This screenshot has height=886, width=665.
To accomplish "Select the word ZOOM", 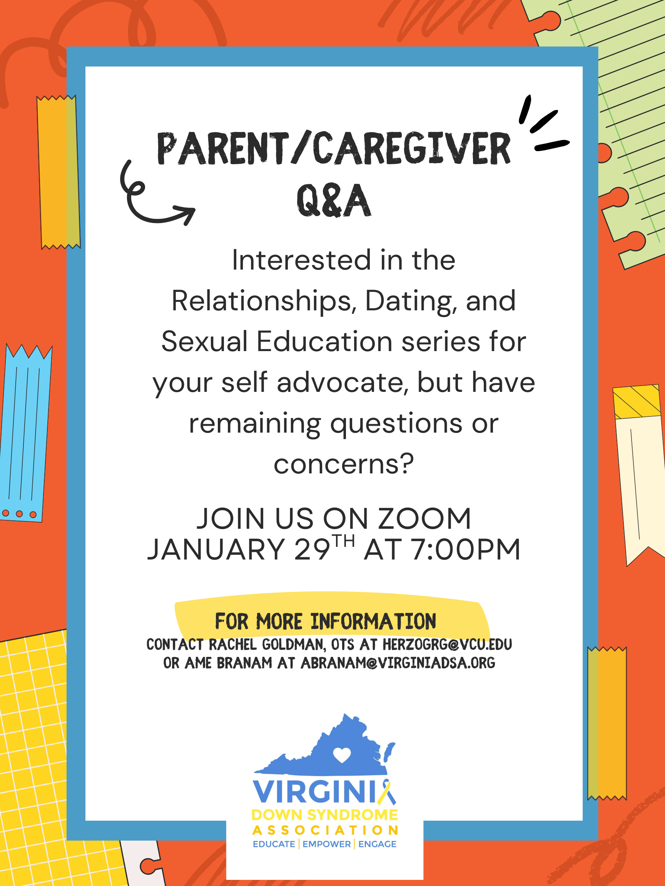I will tap(424, 518).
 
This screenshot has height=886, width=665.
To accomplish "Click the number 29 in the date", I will tap(312, 549).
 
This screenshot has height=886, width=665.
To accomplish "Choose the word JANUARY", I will tap(216, 549).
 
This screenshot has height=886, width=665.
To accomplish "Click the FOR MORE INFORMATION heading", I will tap(326, 621).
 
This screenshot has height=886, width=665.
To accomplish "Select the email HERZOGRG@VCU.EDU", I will tap(447, 645).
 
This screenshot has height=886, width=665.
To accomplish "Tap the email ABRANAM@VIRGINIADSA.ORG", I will tap(398, 663).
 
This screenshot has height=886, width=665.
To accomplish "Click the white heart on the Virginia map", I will tap(342, 755).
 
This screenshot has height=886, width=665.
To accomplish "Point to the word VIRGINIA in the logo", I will tap(324, 792).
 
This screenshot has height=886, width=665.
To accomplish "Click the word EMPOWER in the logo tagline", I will tap(326, 844).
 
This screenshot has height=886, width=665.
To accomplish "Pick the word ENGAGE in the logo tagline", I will tap(377, 844).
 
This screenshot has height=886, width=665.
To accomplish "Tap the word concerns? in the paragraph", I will tap(344, 464).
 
